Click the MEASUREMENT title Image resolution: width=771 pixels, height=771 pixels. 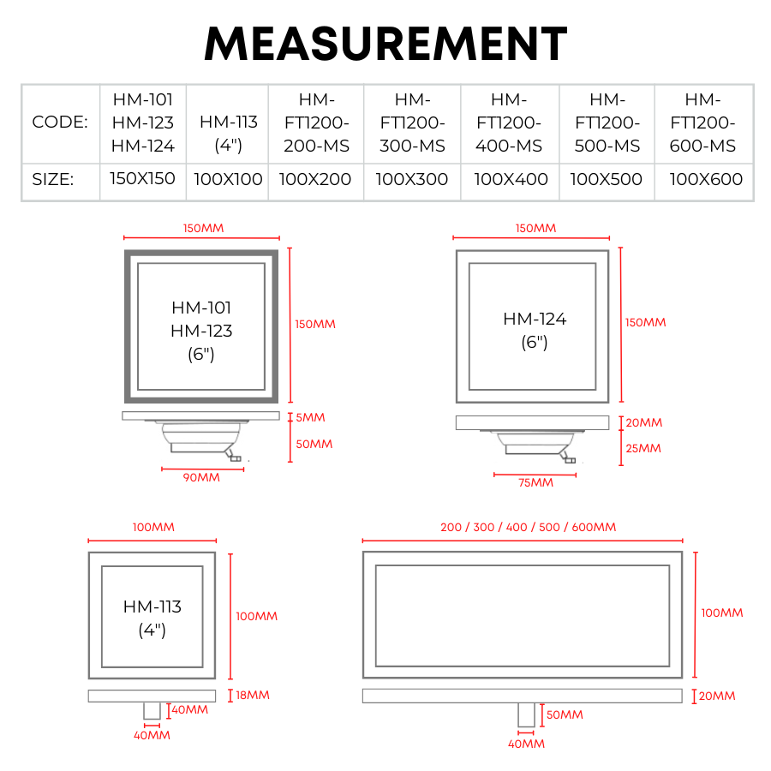pos(386,44)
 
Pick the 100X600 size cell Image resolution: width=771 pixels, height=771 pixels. pos(706,179)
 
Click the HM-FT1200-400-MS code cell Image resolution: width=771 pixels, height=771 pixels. pos(509,123)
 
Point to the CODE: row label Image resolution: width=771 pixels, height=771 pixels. pos(60,122)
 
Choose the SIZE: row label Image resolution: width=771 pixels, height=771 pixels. pos(52,179)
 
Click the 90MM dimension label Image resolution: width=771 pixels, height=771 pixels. pos(201,477)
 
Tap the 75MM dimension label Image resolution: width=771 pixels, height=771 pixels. pos(535,483)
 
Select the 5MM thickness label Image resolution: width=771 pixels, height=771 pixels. pos(310,417)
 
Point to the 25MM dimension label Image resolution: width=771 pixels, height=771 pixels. pos(643,448)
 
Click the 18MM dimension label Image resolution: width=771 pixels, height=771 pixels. pos(253,696)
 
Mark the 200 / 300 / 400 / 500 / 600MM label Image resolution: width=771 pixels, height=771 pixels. pos(528,527)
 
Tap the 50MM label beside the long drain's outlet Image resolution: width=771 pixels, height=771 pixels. pos(565,715)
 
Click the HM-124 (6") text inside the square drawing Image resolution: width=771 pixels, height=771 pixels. pos(535,331)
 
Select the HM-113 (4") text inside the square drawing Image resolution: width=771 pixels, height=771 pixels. pos(152,618)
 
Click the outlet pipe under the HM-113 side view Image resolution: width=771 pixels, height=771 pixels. pos(152,710)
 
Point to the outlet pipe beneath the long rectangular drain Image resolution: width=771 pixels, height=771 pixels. pos(526,715)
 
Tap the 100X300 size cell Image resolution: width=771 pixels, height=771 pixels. pos(411,179)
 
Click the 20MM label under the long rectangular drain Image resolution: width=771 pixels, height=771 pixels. pos(717,696)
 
